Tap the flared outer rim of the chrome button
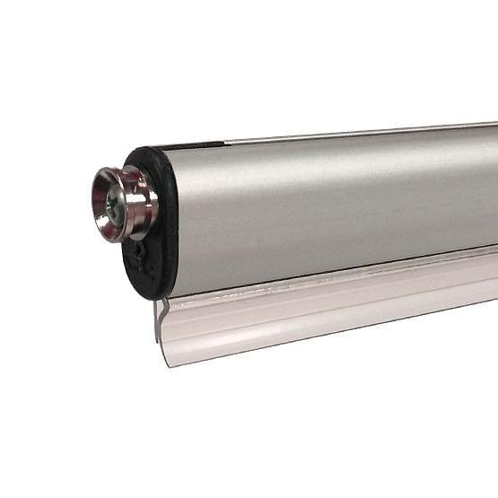(x=98, y=202)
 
